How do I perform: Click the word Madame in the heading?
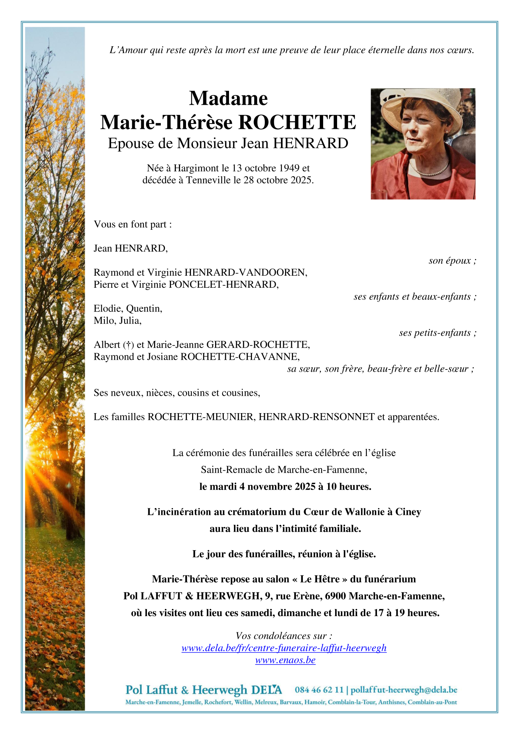(228, 99)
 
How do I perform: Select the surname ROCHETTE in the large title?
(297, 122)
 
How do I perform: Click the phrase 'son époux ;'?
(452, 261)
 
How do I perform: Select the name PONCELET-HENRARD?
(223, 284)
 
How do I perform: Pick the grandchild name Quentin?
(144, 308)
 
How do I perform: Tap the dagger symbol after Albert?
(128, 345)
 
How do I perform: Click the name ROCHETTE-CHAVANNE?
(240, 357)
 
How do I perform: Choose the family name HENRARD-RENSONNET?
(316, 417)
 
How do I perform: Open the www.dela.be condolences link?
(284, 648)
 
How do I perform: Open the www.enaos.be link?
(285, 660)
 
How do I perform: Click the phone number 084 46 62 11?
(319, 690)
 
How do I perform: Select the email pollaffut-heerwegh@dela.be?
(404, 690)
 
